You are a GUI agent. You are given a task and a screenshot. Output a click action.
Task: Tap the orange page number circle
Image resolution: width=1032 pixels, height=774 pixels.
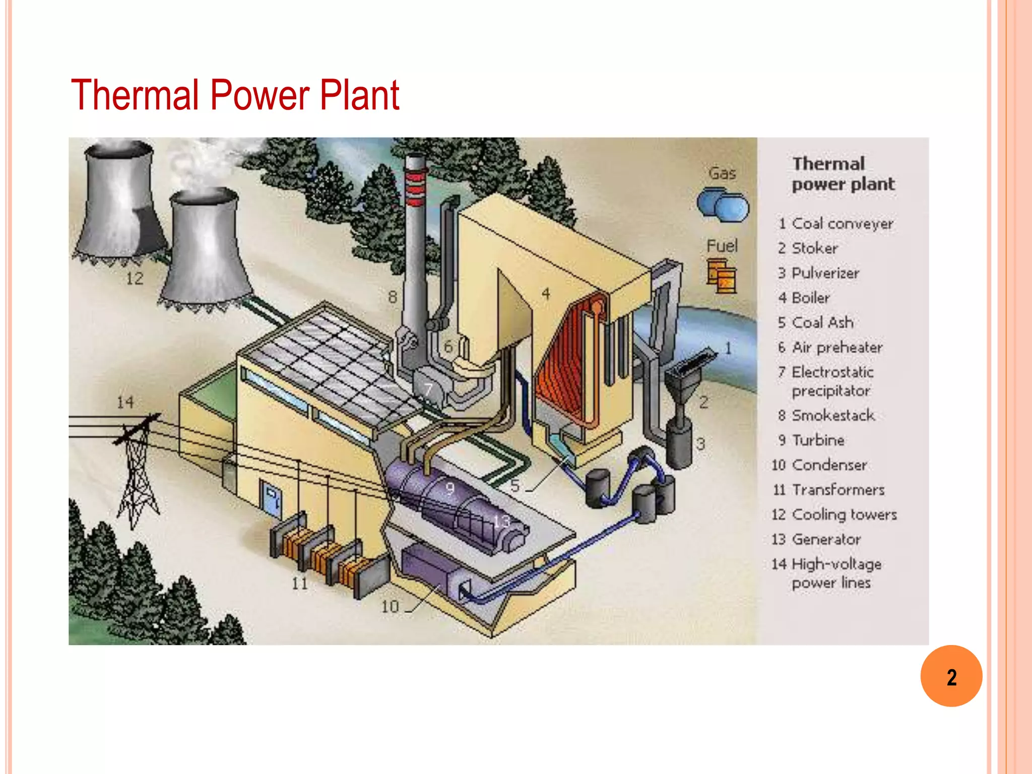tap(951, 676)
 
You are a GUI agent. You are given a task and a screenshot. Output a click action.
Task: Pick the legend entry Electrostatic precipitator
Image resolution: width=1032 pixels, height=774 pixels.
tap(831, 381)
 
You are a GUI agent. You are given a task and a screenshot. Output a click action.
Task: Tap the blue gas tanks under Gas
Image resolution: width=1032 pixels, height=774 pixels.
tap(723, 205)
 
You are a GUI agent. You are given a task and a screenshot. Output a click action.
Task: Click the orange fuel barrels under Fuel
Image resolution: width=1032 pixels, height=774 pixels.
tap(721, 276)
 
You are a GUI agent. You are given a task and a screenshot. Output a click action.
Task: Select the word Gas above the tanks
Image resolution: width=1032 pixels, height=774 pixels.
tap(722, 173)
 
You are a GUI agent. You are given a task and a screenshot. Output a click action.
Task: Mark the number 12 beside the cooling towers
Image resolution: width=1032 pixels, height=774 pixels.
tap(135, 278)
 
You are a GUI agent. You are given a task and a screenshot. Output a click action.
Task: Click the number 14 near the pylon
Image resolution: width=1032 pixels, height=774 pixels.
tap(125, 402)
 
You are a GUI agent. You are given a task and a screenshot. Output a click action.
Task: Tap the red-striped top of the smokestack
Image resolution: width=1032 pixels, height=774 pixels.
tap(416, 189)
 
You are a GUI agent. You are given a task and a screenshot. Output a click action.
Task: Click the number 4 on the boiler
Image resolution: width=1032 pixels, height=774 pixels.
tap(546, 293)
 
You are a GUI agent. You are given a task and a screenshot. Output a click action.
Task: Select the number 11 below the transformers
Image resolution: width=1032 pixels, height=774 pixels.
tap(299, 584)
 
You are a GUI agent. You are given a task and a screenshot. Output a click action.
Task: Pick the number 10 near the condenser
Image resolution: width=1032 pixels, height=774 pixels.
tap(390, 607)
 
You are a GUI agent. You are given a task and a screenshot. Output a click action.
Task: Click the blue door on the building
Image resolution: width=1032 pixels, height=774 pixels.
tap(271, 499)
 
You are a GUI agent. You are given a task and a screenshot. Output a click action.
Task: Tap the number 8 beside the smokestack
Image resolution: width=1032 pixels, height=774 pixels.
tap(393, 297)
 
